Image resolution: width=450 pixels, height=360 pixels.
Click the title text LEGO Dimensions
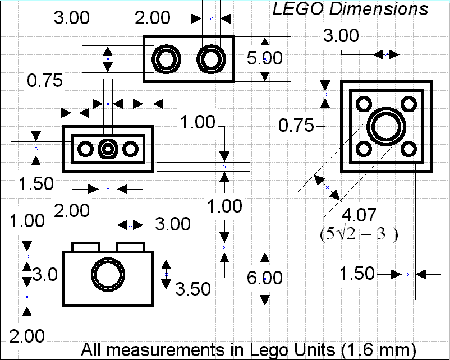click(350, 9)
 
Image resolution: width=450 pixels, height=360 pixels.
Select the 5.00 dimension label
click(265, 58)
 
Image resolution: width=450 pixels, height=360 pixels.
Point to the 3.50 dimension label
click(193, 289)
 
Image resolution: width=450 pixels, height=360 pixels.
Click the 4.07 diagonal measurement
click(360, 215)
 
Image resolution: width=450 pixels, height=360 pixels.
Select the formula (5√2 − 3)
click(359, 234)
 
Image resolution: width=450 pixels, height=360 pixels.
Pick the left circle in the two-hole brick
click(167, 59)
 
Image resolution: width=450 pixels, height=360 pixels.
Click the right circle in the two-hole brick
click(210, 59)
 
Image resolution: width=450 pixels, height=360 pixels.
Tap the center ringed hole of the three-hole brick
click(108, 149)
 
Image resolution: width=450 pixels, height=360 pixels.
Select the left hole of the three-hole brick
click(86, 149)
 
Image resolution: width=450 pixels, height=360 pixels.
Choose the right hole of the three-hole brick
click(130, 149)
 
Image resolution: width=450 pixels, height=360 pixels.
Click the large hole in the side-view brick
click(108, 275)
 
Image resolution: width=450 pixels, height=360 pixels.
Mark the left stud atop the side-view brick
click(85, 247)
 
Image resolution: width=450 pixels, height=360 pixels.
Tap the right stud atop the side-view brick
click(130, 247)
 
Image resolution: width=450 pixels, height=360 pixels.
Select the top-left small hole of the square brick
click(363, 104)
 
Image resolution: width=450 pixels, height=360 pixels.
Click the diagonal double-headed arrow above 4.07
click(328, 188)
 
